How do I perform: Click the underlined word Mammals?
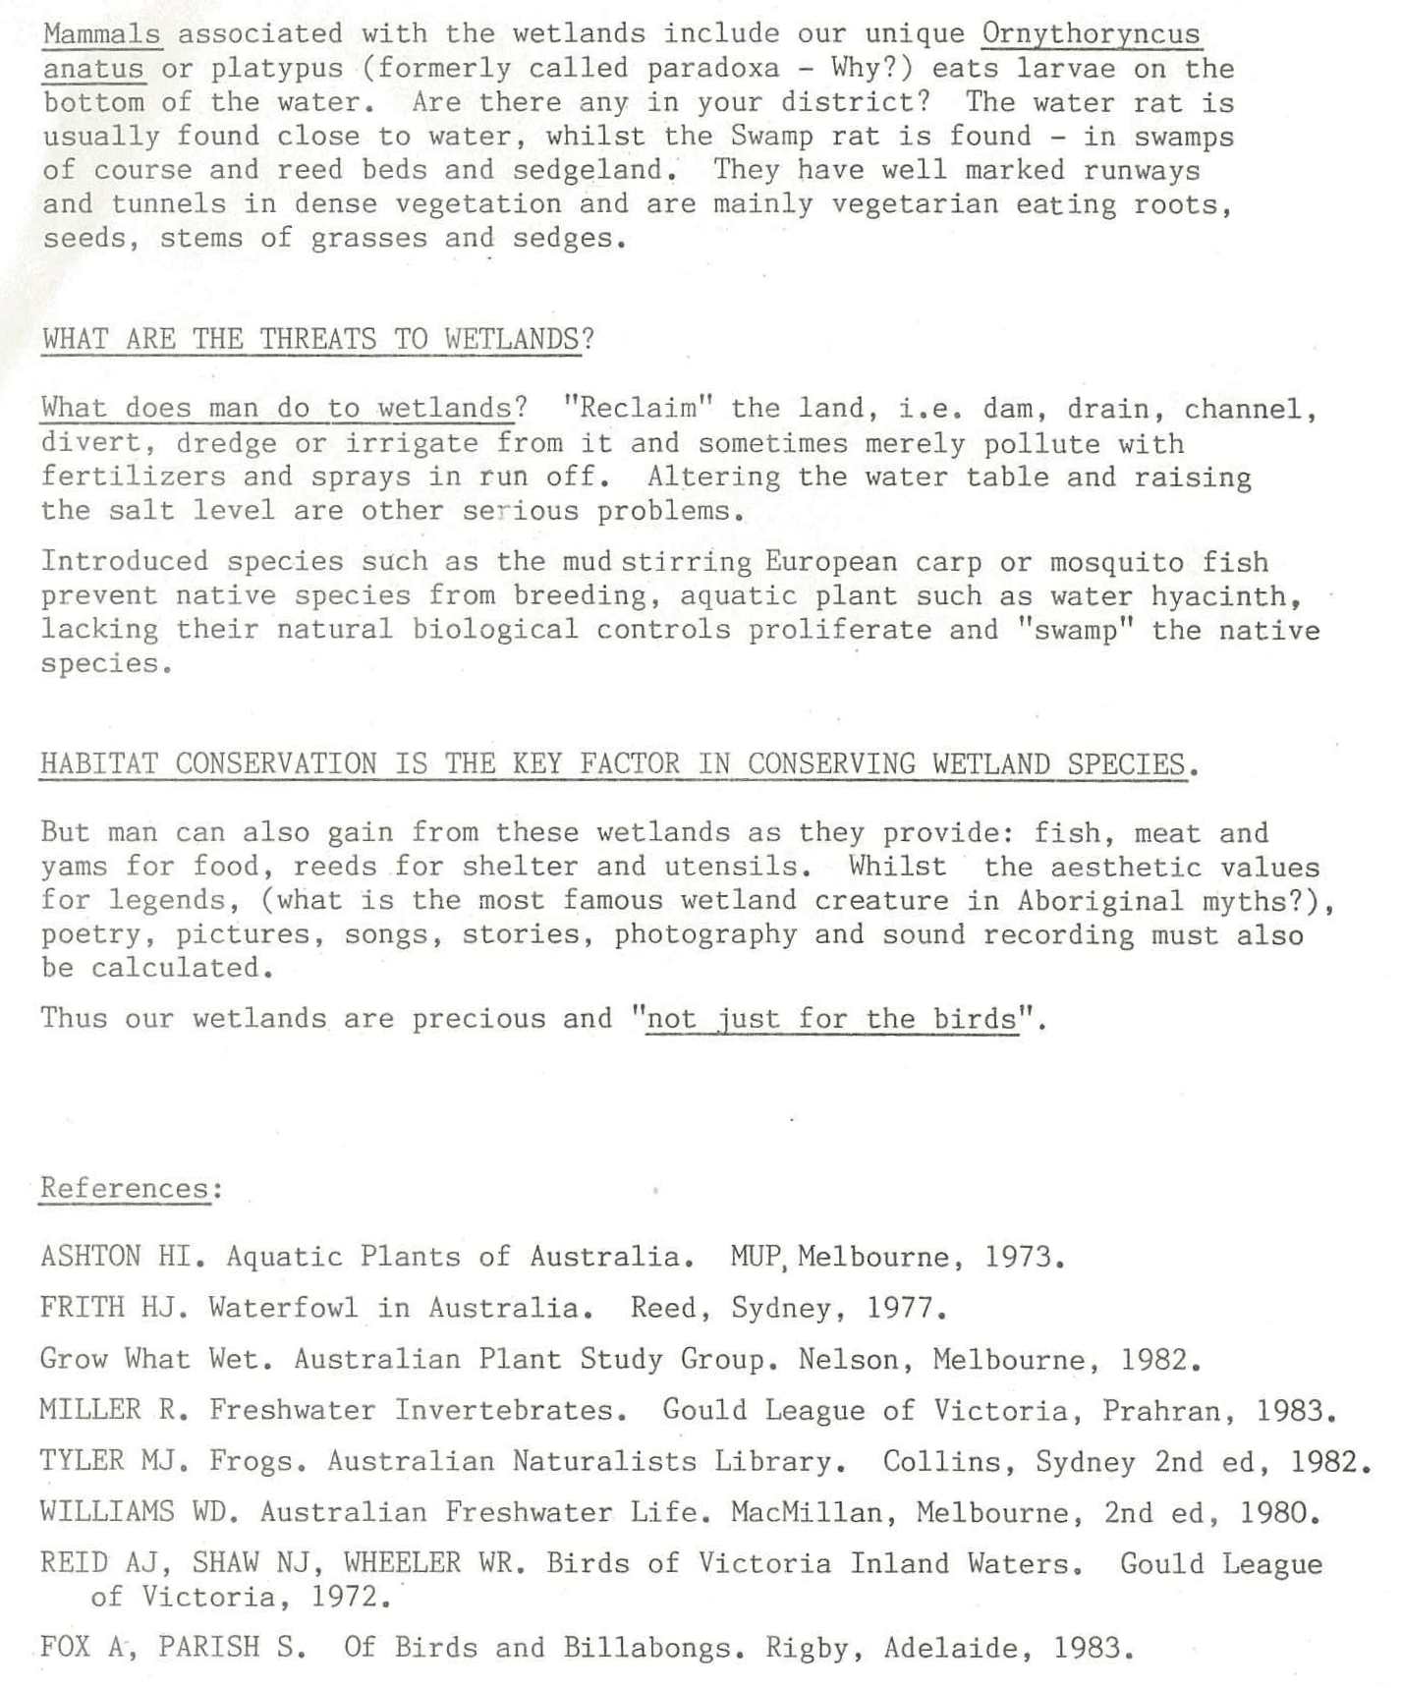coord(102,34)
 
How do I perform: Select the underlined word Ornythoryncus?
coord(1091,34)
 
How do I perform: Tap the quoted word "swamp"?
coord(1077,630)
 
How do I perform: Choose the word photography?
coord(705,934)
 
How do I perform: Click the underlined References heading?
coord(125,1189)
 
